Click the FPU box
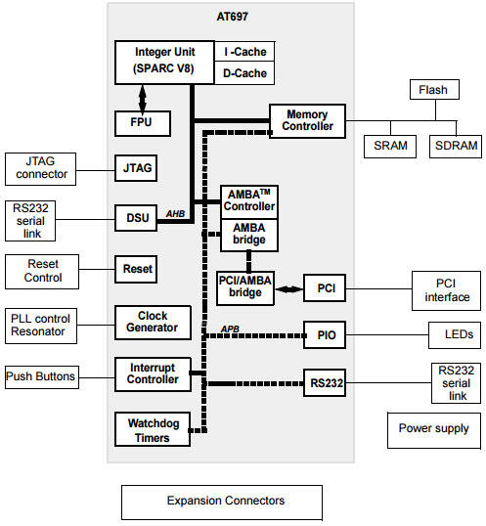pyautogui.click(x=143, y=123)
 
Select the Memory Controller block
pyautogui.click(x=307, y=121)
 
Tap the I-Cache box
pyautogui.click(x=244, y=51)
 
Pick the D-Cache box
pyautogui.click(x=244, y=72)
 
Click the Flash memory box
pyautogui.click(x=434, y=90)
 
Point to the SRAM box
pyautogui.click(x=390, y=147)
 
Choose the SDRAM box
pyautogui.click(x=456, y=147)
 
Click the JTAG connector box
pyautogui.click(x=41, y=169)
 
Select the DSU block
pyautogui.click(x=136, y=218)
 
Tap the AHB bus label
pyautogui.click(x=175, y=214)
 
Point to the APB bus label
pyautogui.click(x=230, y=329)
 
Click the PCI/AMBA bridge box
pyautogui.click(x=245, y=288)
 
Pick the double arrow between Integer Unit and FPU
pyautogui.click(x=143, y=98)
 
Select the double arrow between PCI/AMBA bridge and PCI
pyautogui.click(x=288, y=289)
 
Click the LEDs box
pyautogui.click(x=455, y=335)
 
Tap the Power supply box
pyautogui.click(x=434, y=430)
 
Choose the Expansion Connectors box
pyautogui.click(x=222, y=503)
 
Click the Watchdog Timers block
pyautogui.click(x=153, y=429)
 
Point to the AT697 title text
pyautogui.click(x=232, y=17)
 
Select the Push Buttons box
pyautogui.click(x=42, y=377)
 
